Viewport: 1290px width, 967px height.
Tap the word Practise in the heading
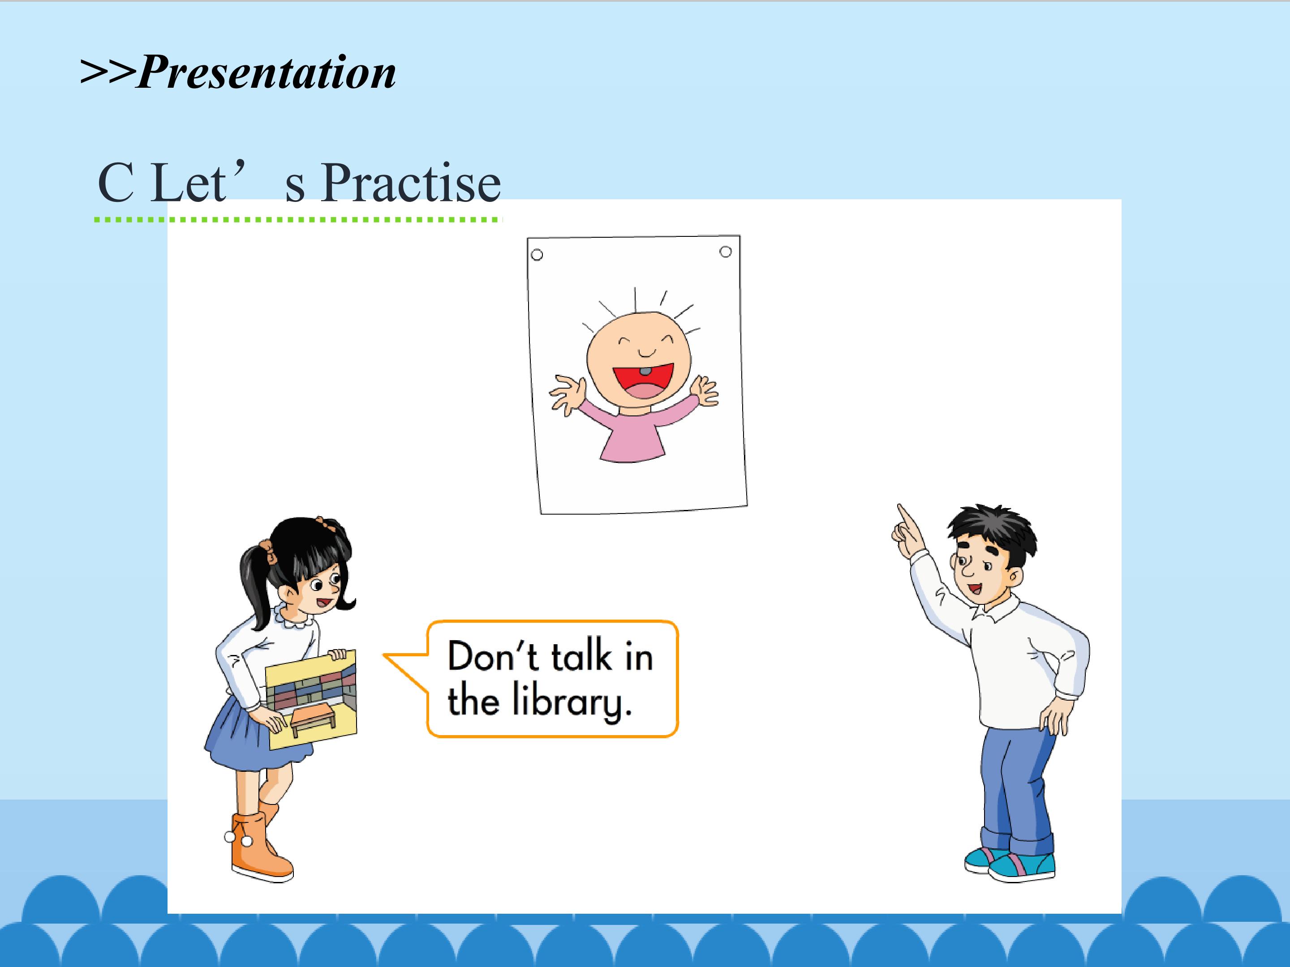coord(411,183)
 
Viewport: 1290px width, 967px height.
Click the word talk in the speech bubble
coord(581,656)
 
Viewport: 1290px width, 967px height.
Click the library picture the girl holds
coord(311,698)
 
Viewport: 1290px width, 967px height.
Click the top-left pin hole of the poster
coord(537,255)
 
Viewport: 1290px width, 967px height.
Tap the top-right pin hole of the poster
coord(726,252)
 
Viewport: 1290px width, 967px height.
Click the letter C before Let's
coord(116,183)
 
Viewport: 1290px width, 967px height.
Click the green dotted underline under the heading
coord(298,220)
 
